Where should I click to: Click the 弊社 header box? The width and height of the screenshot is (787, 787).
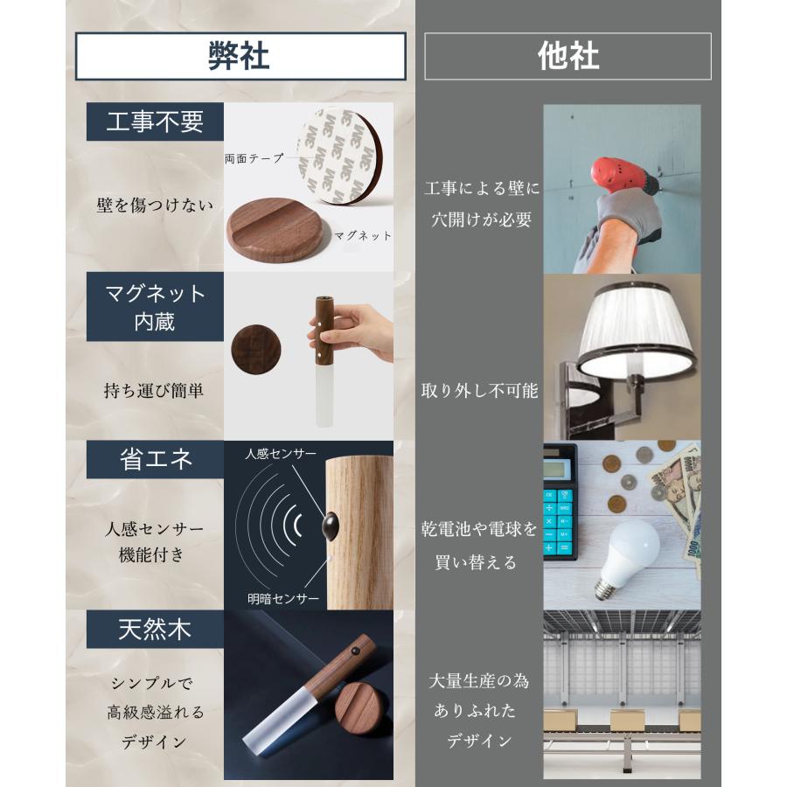[240, 56]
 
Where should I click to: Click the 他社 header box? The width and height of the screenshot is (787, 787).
[568, 56]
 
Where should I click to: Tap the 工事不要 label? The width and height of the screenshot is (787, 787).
[155, 122]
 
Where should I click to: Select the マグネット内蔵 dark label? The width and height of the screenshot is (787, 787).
[155, 306]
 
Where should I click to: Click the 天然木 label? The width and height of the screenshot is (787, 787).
[155, 630]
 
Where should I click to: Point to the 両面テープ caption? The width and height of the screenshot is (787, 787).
[254, 158]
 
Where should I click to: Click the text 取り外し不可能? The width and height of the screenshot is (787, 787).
[479, 391]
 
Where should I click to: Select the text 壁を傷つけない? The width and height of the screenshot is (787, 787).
[155, 205]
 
